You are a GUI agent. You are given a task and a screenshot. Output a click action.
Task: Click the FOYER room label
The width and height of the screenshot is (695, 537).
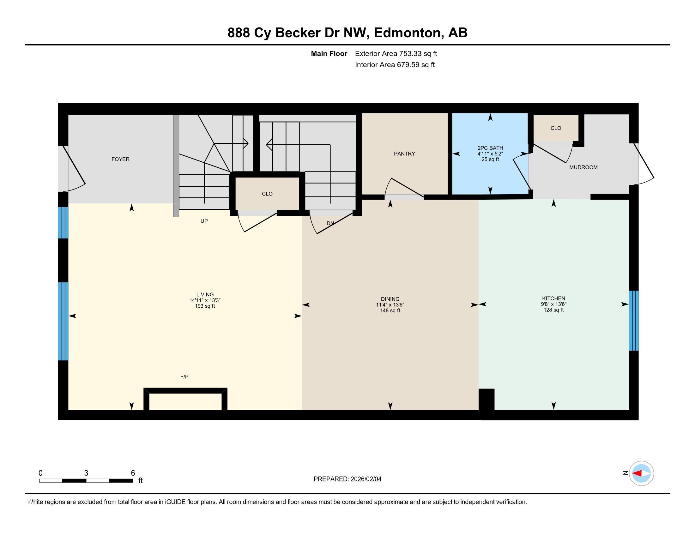click(x=120, y=160)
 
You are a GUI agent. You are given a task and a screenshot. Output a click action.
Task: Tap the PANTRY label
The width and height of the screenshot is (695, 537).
click(x=404, y=154)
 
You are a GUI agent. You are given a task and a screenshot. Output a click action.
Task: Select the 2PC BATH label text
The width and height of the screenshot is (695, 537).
click(x=490, y=148)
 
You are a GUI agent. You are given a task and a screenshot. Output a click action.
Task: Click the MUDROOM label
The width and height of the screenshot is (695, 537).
click(x=583, y=167)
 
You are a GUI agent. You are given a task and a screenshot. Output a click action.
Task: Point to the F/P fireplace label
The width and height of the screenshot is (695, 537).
click(x=184, y=377)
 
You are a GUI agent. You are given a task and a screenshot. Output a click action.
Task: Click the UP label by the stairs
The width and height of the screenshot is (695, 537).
click(x=204, y=221)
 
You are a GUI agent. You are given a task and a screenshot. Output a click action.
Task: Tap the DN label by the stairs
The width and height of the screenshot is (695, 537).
click(x=330, y=223)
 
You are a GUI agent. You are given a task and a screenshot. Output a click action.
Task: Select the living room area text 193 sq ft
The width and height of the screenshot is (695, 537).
click(x=205, y=306)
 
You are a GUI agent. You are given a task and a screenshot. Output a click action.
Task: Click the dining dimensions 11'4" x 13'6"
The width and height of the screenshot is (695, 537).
click(x=390, y=305)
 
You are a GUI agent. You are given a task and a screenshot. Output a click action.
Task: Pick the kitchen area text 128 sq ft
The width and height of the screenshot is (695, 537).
click(x=553, y=310)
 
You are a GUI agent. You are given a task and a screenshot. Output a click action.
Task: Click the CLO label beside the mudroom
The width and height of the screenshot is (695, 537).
click(x=556, y=128)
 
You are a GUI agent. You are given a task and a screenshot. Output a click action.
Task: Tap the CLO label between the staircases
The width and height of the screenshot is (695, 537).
click(x=267, y=194)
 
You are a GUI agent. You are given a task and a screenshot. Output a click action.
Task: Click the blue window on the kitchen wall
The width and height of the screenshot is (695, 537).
click(x=633, y=320)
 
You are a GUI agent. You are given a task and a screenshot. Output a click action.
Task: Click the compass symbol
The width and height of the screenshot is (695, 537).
click(x=641, y=473)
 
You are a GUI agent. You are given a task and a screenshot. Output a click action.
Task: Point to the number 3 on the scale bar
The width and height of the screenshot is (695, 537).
click(x=86, y=473)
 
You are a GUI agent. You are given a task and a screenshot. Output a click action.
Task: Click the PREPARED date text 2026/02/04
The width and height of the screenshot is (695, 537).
click(x=366, y=479)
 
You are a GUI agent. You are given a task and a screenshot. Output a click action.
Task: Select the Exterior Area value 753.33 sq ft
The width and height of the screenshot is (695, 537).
click(x=418, y=54)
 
